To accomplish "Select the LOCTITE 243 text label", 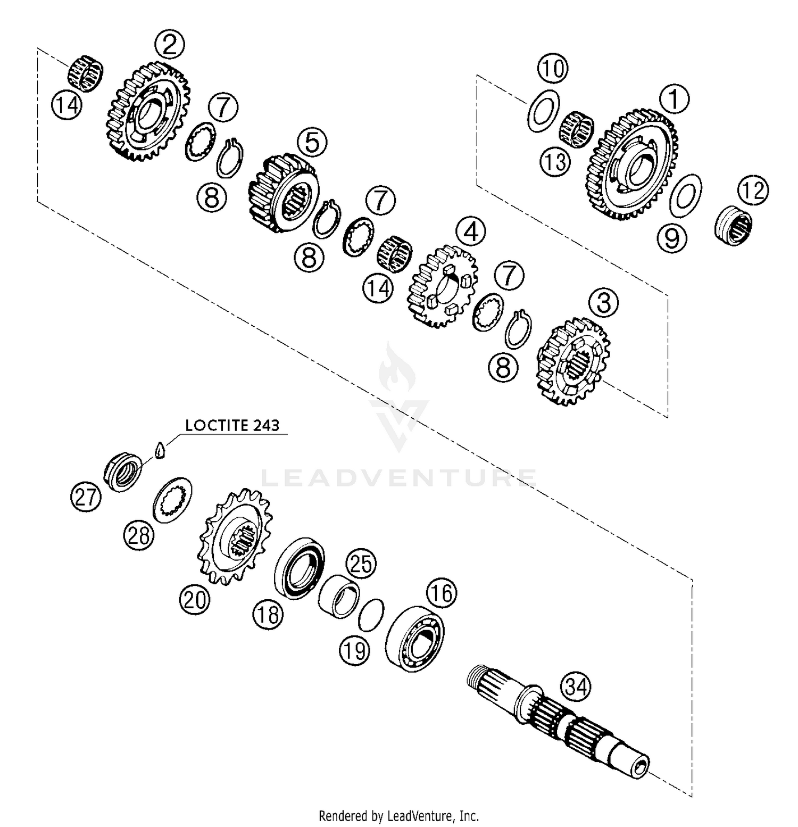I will (232, 425).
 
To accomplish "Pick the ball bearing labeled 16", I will (414, 639).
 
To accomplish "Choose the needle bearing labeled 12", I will (733, 225).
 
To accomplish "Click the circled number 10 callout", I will (553, 69).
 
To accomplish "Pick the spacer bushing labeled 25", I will (339, 596).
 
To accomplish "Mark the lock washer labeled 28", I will (172, 500).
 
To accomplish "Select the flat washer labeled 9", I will (685, 195).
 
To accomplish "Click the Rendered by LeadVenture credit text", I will (398, 815).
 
